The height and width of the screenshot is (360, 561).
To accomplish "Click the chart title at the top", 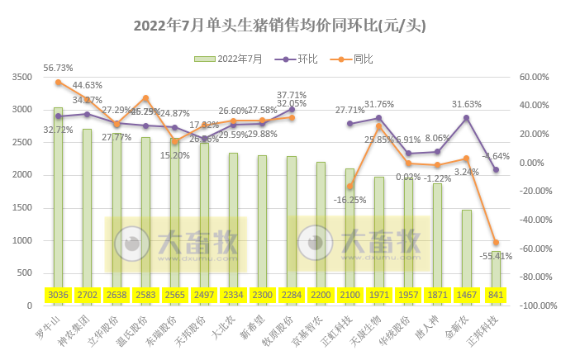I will (x=282, y=26).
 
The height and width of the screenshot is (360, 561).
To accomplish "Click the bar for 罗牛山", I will (x=59, y=198).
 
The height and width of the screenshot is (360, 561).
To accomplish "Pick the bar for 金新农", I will (x=467, y=248).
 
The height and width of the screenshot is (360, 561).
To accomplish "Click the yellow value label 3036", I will (x=59, y=296).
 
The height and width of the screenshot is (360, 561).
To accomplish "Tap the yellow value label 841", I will (x=496, y=296).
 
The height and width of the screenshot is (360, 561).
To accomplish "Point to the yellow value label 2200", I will (x=321, y=296).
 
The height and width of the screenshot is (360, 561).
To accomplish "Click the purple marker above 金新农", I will (x=467, y=117).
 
